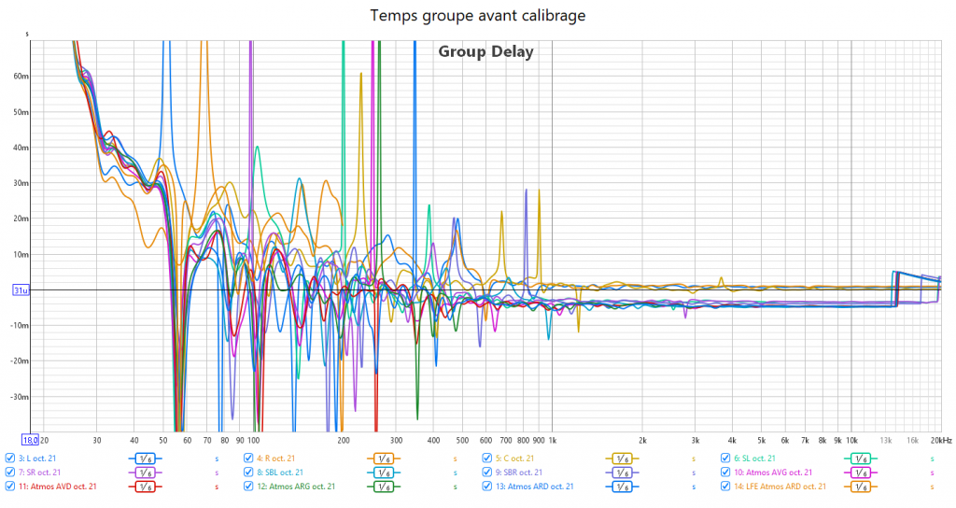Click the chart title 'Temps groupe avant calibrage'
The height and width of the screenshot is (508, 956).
[478, 15]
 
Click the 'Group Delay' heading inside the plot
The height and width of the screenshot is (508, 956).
[485, 52]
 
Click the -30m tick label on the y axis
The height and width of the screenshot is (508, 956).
[21, 397]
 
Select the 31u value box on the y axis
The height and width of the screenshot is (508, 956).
[19, 290]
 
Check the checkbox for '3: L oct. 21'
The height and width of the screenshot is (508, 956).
[10, 459]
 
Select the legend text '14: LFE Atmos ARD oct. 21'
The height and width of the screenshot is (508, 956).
[780, 487]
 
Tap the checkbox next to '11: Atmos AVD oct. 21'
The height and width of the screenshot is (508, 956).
[10, 487]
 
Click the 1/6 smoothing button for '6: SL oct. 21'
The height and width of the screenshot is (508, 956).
[861, 459]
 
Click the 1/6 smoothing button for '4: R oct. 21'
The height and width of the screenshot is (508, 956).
[383, 459]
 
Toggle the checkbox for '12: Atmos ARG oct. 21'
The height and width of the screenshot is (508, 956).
[249, 487]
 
